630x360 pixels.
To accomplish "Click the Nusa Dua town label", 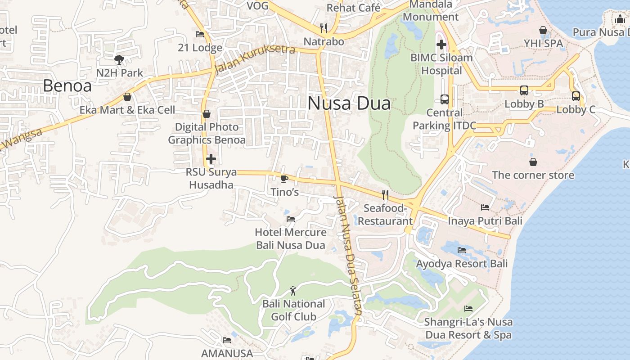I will click(x=349, y=103).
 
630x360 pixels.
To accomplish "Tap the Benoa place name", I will click(x=67, y=85).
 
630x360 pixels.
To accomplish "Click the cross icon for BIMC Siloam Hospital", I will click(x=441, y=44).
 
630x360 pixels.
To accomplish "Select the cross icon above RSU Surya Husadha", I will click(x=211, y=159).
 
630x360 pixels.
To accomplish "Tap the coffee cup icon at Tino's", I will click(x=284, y=179).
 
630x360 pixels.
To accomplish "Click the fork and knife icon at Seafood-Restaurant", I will click(x=385, y=194).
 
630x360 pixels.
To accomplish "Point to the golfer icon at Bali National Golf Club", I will click(x=293, y=291).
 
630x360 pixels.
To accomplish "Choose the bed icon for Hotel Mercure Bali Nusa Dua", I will click(x=291, y=219).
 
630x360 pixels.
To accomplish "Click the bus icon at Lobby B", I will click(x=524, y=90).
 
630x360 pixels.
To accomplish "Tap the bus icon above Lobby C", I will click(x=576, y=96).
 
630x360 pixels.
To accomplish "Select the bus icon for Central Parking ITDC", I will click(x=445, y=99).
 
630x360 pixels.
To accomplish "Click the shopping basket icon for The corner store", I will click(x=533, y=162).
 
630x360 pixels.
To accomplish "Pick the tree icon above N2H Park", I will click(x=119, y=59).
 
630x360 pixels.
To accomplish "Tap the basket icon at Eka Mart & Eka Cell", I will click(x=127, y=97).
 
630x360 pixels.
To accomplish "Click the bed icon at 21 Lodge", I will click(x=200, y=34).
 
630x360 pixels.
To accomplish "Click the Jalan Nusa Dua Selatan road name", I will click(x=348, y=255).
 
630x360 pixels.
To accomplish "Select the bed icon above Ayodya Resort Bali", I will click(x=462, y=250).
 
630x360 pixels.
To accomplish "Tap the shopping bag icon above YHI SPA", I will click(x=543, y=30).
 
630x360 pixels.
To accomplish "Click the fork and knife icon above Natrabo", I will click(x=324, y=28).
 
